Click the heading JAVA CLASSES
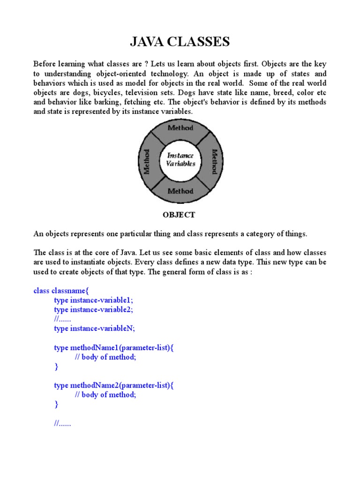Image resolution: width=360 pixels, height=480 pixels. (180, 43)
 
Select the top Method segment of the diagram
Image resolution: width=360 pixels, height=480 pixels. (180, 128)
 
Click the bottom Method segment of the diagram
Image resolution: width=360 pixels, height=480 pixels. (180, 191)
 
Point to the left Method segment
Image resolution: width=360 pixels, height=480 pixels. (147, 161)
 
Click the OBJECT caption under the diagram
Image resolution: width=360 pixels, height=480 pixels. (179, 215)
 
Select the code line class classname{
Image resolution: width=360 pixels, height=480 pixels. (61, 291)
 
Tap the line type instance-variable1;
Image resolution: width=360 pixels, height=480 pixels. (97, 300)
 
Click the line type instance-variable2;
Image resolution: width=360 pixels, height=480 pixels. (97, 309)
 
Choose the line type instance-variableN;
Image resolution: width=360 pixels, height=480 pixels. (94, 329)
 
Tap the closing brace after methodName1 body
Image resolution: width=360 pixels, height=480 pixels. (56, 367)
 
